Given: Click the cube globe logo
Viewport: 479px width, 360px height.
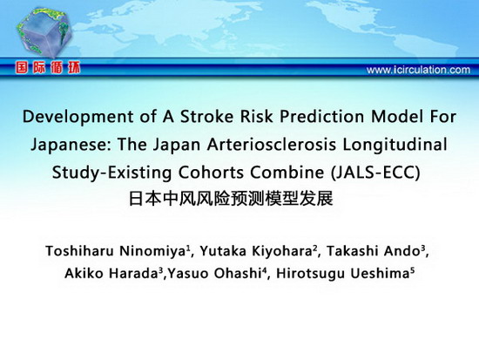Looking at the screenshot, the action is pyautogui.click(x=44, y=32).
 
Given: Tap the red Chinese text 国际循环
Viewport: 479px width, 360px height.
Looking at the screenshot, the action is pyautogui.click(x=48, y=68).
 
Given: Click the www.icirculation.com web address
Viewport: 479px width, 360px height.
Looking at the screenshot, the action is pyautogui.click(x=418, y=70).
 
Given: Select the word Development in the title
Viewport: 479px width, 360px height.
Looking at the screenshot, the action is pyautogui.click(x=78, y=117).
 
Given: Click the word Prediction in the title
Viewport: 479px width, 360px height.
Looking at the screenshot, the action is pyautogui.click(x=321, y=117).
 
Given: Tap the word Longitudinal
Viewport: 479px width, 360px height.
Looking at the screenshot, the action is pyautogui.click(x=395, y=145).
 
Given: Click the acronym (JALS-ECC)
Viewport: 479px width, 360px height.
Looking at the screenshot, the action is pyautogui.click(x=375, y=173).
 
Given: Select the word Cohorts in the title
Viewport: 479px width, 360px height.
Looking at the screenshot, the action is pyautogui.click(x=212, y=173).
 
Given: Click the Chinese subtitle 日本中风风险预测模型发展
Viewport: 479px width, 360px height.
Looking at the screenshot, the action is pyautogui.click(x=231, y=199).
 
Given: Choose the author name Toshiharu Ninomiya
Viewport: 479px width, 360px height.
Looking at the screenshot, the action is pyautogui.click(x=116, y=251).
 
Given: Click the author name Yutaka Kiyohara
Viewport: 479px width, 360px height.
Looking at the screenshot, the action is pyautogui.click(x=256, y=251).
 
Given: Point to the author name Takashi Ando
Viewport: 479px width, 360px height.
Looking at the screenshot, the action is pyautogui.click(x=373, y=251).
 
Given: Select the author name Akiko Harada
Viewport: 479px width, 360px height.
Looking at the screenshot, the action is pyautogui.click(x=111, y=273).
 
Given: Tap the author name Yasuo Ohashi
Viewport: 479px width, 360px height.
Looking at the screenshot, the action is pyautogui.click(x=213, y=273).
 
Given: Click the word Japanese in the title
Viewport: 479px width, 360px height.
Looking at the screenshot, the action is pyautogui.click(x=71, y=145).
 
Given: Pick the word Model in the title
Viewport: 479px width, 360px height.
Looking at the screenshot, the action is pyautogui.click(x=397, y=117).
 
